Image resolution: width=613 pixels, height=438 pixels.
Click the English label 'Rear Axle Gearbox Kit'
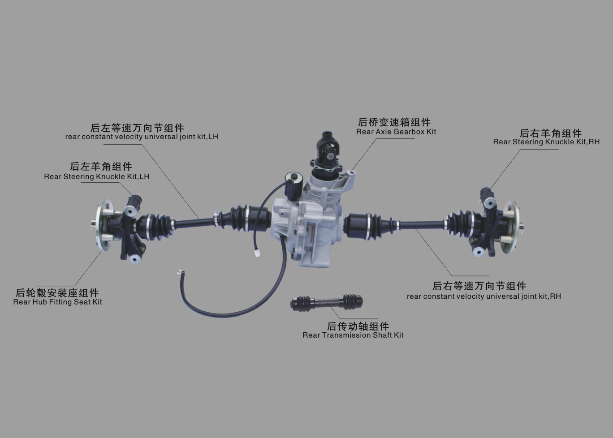point(396,132)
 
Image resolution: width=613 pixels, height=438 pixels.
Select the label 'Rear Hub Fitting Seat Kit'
point(57,302)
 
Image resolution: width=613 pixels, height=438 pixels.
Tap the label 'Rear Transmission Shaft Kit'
point(353,335)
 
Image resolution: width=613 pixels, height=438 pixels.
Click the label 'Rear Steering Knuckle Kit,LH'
point(97,176)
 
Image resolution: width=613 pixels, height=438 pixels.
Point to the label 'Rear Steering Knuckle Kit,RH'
point(546,142)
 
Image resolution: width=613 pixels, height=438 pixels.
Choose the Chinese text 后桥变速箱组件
point(394,122)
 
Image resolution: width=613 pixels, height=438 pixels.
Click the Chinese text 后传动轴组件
point(358,326)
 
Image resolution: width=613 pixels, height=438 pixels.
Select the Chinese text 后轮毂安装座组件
point(57,293)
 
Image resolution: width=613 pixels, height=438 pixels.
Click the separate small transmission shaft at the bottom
point(327,302)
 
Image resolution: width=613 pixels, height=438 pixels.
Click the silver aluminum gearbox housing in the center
point(306,227)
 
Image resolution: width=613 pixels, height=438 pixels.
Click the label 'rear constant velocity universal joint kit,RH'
point(484,296)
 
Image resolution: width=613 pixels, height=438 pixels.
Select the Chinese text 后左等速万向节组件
point(137,128)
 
